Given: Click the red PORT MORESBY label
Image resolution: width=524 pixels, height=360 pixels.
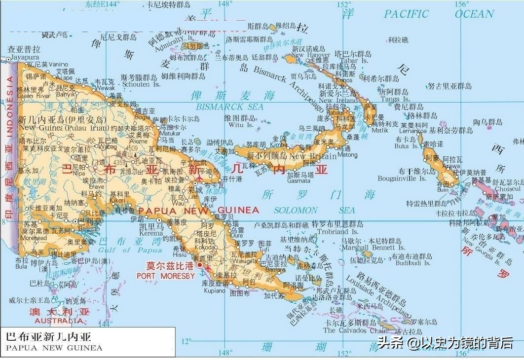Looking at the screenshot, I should [x=166, y=276].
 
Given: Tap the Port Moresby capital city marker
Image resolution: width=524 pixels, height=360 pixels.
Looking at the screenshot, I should [x=200, y=265].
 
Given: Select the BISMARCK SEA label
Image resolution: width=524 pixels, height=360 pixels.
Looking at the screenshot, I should [x=230, y=107].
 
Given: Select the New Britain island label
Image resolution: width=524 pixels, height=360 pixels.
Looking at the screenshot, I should [x=312, y=156].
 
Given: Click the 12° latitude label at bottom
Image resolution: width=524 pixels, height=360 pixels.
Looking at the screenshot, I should [x=186, y=341].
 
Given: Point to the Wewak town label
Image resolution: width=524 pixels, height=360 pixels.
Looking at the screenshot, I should [x=104, y=88].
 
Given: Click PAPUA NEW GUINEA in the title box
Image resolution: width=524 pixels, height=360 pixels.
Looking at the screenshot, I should [x=54, y=348].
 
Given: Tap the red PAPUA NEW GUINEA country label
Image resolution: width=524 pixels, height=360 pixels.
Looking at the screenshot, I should [x=198, y=210].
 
